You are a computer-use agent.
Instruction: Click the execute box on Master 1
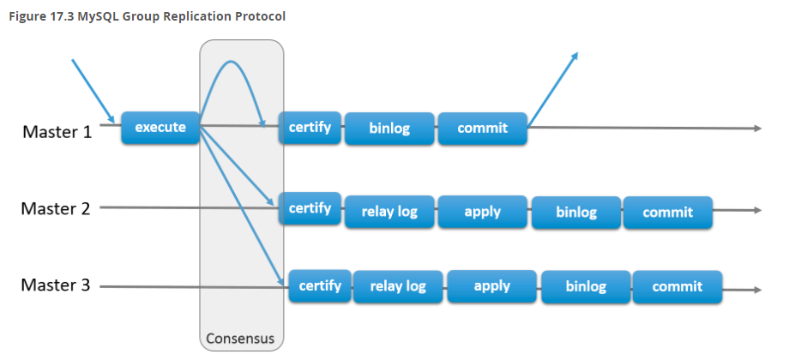click(x=160, y=127)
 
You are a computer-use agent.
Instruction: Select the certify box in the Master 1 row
click(x=310, y=127)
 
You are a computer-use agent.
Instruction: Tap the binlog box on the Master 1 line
click(x=389, y=129)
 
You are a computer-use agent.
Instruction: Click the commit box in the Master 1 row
click(x=482, y=129)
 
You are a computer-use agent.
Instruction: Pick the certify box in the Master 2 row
click(x=310, y=208)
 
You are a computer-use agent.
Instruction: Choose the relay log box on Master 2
click(x=389, y=212)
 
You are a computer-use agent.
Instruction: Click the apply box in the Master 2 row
click(x=482, y=212)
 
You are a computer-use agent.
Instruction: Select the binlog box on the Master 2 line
click(x=576, y=212)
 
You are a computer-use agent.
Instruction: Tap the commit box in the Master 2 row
click(x=668, y=212)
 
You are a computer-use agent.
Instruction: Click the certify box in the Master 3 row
click(x=320, y=286)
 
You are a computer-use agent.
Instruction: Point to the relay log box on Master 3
click(x=398, y=287)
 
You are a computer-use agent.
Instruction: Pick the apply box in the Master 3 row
click(x=491, y=286)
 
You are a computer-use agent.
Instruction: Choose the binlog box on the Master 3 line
click(x=586, y=287)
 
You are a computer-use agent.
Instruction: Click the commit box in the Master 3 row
click(x=678, y=287)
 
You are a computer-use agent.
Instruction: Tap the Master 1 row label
click(x=57, y=132)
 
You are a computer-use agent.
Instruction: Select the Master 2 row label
click(x=56, y=208)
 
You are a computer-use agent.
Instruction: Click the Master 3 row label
click(x=56, y=285)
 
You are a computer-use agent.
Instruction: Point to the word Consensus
click(x=240, y=339)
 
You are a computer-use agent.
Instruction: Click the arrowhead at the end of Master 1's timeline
click(x=758, y=129)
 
